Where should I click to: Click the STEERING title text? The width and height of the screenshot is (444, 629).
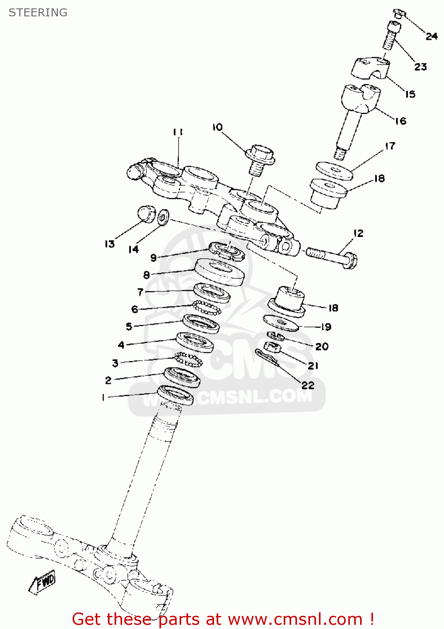(x=38, y=13)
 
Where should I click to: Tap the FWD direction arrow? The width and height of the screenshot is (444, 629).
(x=42, y=582)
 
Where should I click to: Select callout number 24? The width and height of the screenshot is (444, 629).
(x=431, y=36)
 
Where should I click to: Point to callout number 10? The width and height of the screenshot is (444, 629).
(x=217, y=127)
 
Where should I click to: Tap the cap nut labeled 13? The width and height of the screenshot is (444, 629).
(x=146, y=213)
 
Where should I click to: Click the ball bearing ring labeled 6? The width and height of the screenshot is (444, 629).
(x=206, y=308)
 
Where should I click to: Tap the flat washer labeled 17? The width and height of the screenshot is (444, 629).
(x=334, y=171)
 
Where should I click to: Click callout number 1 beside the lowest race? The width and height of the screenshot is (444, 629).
(x=103, y=397)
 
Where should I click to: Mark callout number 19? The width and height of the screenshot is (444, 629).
(x=326, y=327)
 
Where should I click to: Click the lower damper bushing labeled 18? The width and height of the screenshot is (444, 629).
(x=287, y=302)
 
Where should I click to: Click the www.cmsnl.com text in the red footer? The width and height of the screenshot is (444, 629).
(x=295, y=619)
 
